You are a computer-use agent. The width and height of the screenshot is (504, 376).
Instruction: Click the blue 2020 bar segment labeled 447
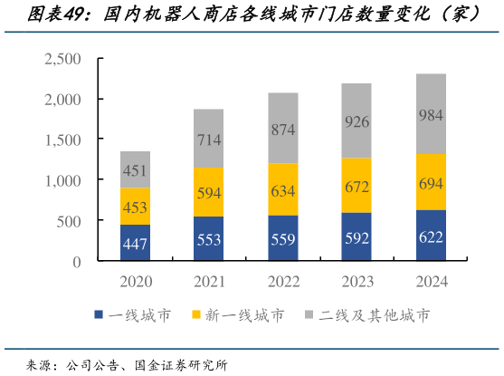point(135,243)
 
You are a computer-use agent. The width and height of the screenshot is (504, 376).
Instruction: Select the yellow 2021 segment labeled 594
point(208,192)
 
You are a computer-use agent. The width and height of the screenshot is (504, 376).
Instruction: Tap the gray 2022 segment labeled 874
point(282,129)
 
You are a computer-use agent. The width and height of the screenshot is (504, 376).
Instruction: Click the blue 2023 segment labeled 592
point(357,237)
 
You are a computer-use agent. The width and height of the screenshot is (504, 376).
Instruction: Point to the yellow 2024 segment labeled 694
point(430,182)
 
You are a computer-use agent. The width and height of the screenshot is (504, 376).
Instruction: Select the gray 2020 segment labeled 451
point(135,169)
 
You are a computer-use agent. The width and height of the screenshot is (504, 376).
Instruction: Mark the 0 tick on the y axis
point(77,262)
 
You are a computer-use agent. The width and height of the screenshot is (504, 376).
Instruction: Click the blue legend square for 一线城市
point(98,315)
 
